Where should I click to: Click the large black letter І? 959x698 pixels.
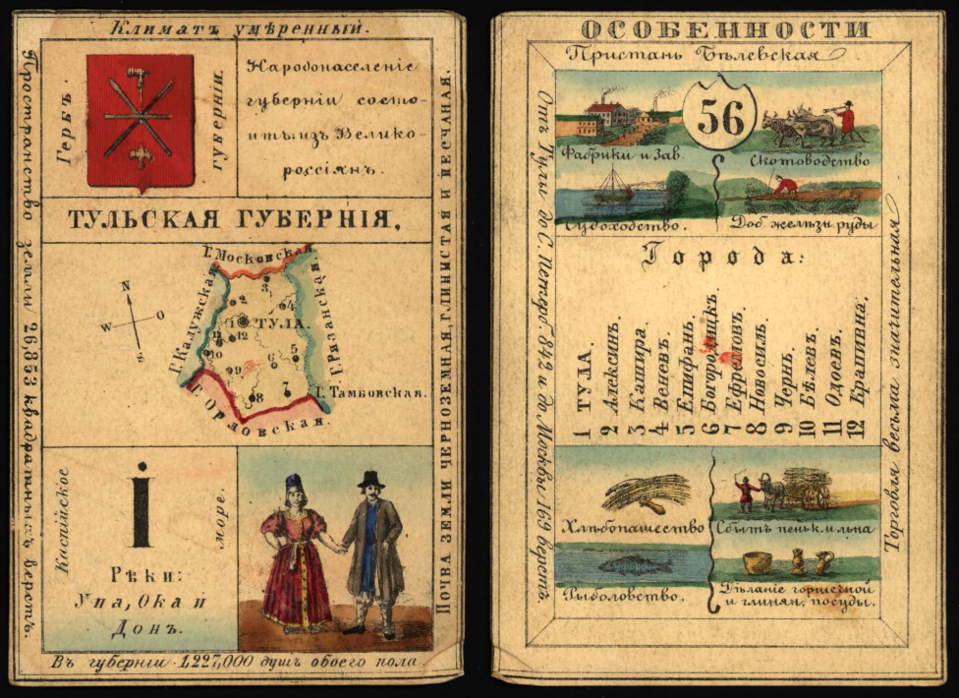[141, 503]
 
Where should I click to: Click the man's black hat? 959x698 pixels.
[370, 479]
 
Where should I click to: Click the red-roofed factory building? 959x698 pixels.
[605, 112]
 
